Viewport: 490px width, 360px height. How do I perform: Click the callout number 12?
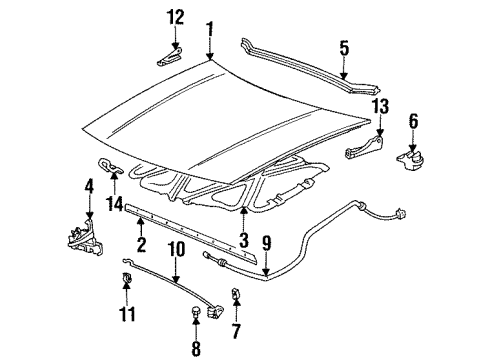[176, 17]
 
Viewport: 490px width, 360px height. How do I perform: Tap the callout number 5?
[343, 47]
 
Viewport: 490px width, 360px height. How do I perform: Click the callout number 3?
[244, 239]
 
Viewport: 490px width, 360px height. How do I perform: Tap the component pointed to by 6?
[411, 158]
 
